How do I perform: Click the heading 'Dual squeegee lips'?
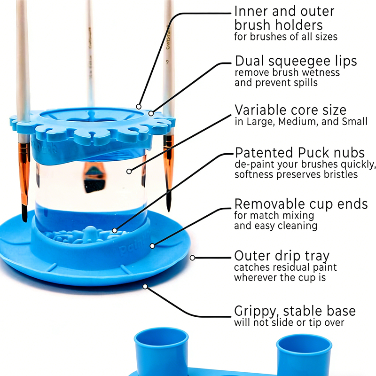(x=296, y=61)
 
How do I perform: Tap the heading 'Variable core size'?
(x=290, y=110)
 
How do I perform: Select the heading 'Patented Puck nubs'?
(x=300, y=153)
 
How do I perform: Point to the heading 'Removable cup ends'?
(x=301, y=204)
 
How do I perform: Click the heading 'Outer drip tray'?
(x=282, y=256)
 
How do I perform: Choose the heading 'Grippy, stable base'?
(x=295, y=311)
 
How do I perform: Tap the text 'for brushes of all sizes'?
(x=286, y=37)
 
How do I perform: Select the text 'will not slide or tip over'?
(x=289, y=322)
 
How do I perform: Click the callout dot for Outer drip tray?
(x=192, y=258)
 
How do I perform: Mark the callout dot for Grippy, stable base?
(x=145, y=287)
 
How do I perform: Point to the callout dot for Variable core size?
(x=129, y=172)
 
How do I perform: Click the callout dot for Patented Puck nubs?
(x=115, y=231)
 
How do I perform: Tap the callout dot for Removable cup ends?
(x=152, y=246)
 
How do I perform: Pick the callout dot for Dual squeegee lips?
(x=151, y=113)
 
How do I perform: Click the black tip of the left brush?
(x=24, y=213)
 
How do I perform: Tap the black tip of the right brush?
(x=169, y=201)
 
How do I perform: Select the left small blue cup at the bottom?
(x=161, y=352)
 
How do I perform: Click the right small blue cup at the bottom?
(x=304, y=355)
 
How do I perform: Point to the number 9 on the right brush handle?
(x=167, y=62)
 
